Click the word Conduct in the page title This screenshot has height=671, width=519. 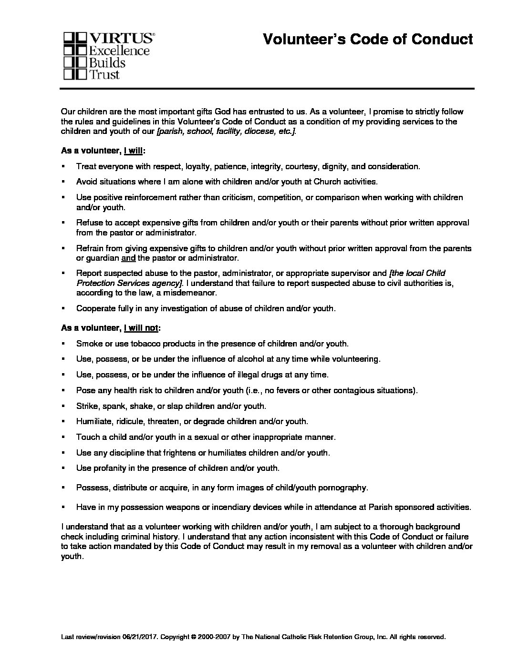tap(442, 39)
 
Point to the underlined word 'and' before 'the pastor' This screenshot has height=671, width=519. tap(129, 258)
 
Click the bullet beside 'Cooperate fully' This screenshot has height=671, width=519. tap(63, 308)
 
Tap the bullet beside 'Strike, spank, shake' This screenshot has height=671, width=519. tap(63, 406)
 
